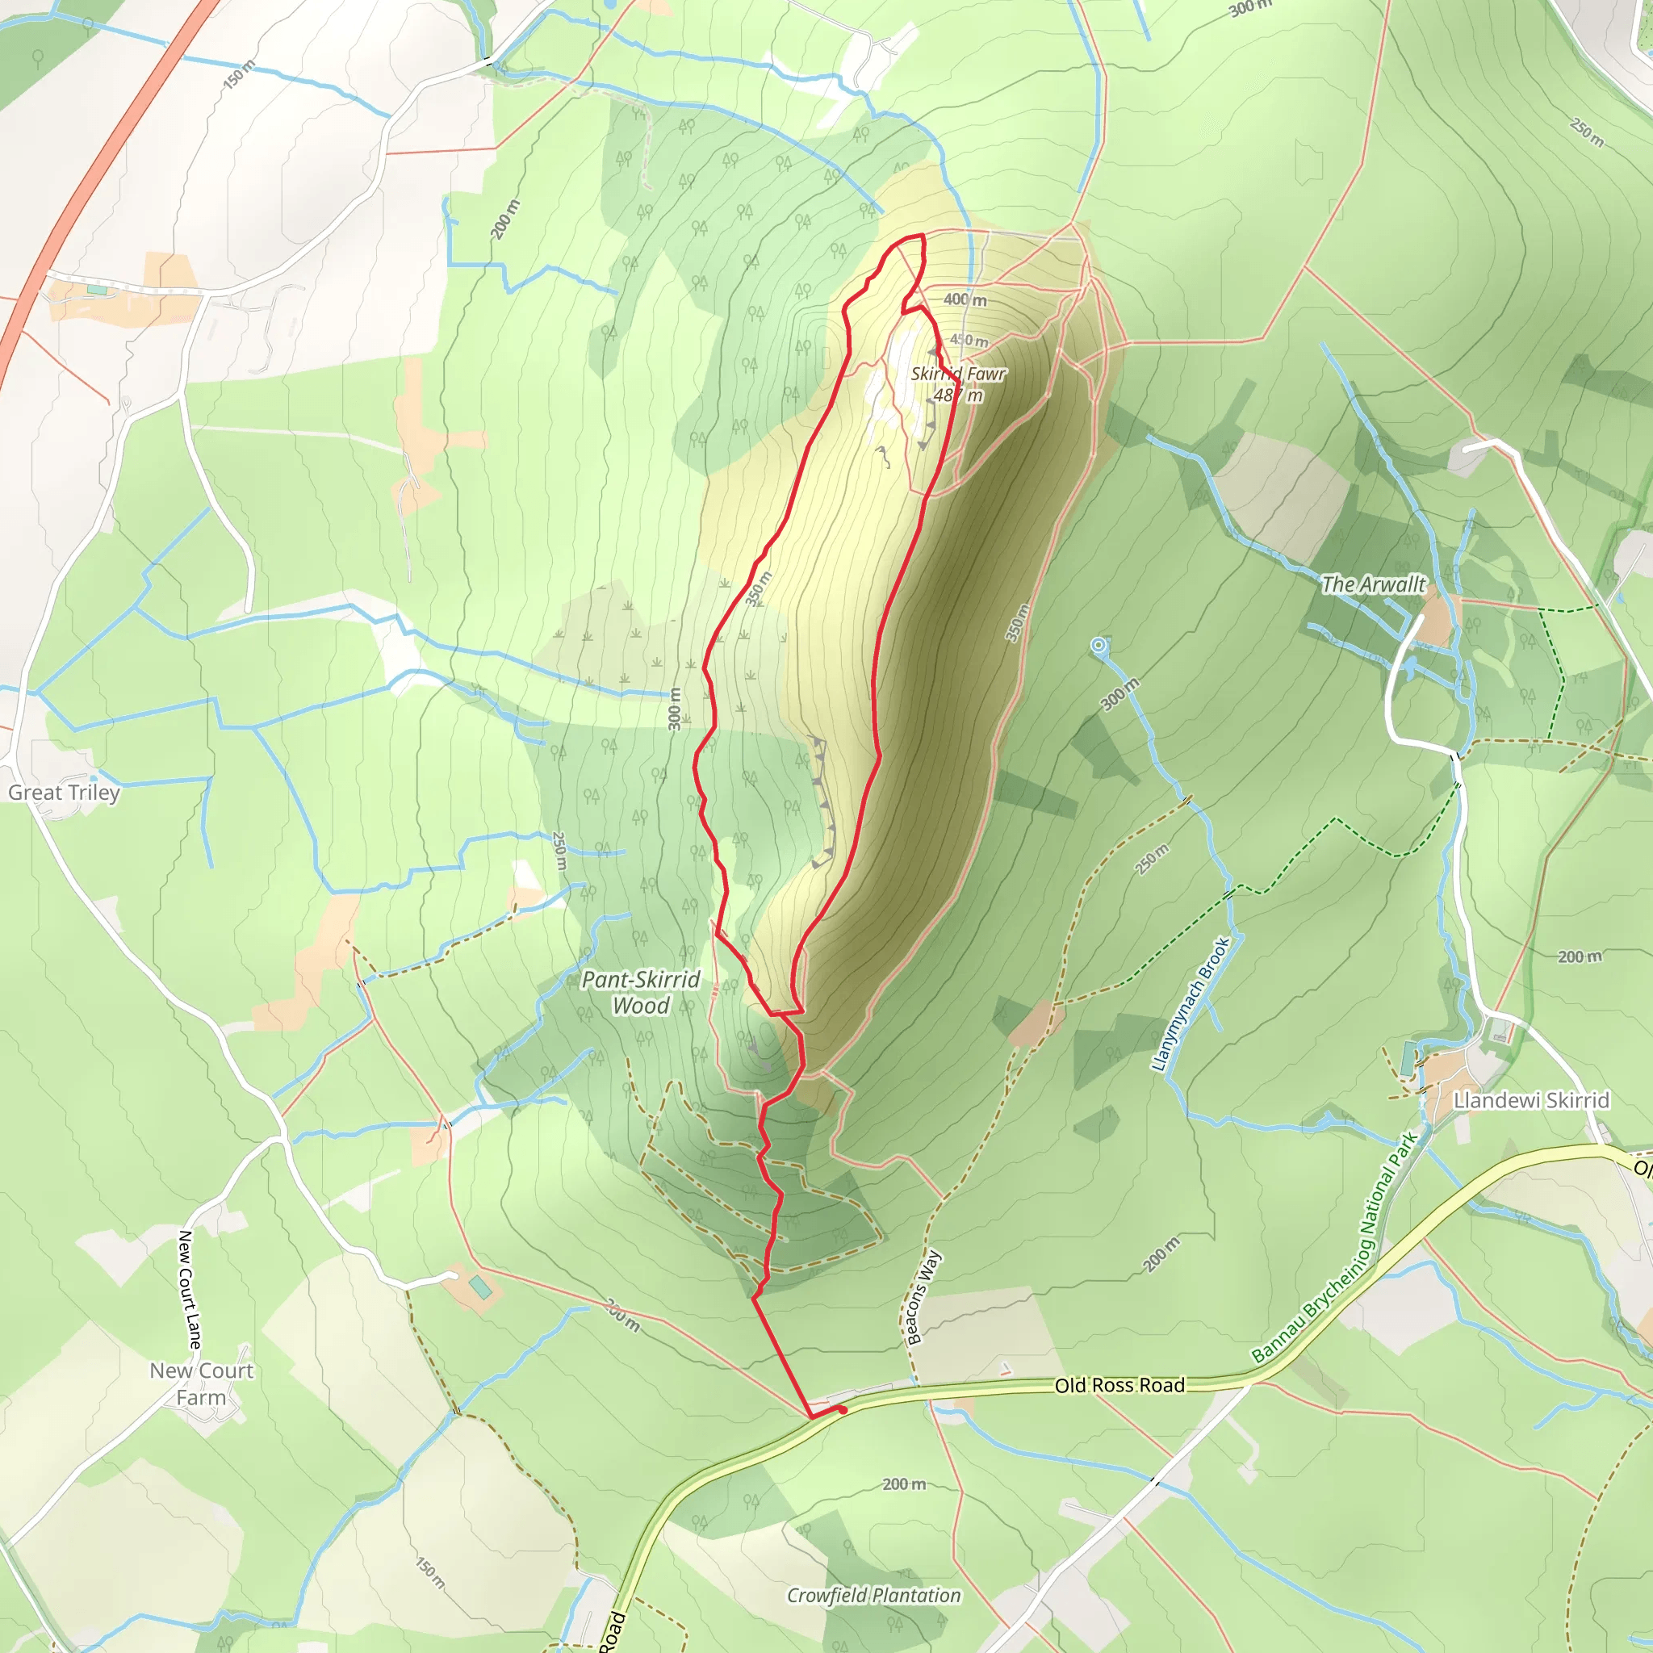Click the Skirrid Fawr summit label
(x=957, y=374)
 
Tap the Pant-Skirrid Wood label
(x=641, y=993)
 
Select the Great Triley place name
(x=65, y=793)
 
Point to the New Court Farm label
(x=201, y=1383)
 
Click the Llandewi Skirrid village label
(x=1530, y=1100)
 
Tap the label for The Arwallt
(x=1374, y=584)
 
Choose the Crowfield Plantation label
(x=873, y=1596)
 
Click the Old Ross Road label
(x=1119, y=1385)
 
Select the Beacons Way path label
(x=923, y=1297)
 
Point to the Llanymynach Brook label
(x=1191, y=1004)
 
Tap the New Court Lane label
(x=189, y=1289)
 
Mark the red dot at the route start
(x=843, y=1409)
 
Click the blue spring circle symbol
(x=1099, y=647)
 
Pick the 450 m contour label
(x=969, y=341)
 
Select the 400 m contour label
(x=965, y=299)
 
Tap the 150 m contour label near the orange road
(x=239, y=74)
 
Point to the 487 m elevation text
(x=958, y=395)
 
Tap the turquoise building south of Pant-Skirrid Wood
(x=481, y=1287)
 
